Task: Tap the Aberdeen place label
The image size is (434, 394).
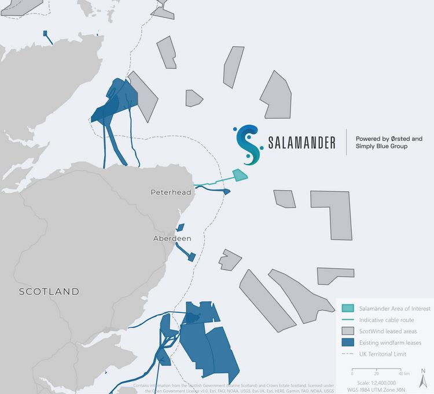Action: click(x=172, y=238)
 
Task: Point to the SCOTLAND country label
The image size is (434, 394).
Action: click(x=49, y=291)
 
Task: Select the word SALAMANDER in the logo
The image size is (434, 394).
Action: click(x=301, y=143)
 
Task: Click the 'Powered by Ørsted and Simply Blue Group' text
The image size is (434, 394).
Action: click(x=389, y=143)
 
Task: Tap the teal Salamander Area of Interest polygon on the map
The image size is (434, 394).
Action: click(x=240, y=175)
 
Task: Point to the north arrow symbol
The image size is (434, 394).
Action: click(x=424, y=374)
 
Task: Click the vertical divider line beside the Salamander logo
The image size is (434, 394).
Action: click(x=346, y=143)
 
